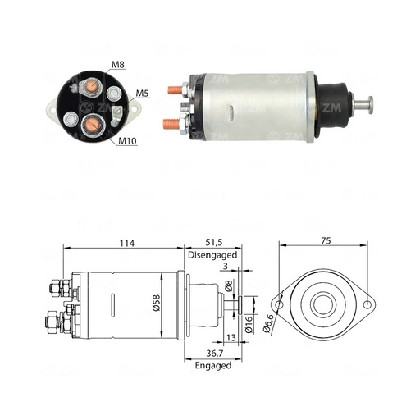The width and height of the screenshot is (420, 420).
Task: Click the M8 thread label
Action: pyautogui.click(x=117, y=66)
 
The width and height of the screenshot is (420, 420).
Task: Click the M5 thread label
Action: pyautogui.click(x=141, y=94)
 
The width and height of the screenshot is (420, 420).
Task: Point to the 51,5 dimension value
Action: pyautogui.click(x=212, y=243)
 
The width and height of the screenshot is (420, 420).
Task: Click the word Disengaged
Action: pyautogui.click(x=212, y=254)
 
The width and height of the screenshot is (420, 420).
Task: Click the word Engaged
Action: pyautogui.click(x=212, y=365)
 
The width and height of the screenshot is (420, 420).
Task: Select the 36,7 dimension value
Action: pyautogui.click(x=212, y=354)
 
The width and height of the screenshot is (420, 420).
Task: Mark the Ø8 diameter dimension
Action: pyautogui.click(x=231, y=287)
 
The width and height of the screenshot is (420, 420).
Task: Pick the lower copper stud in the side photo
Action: pyautogui.click(x=174, y=125)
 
